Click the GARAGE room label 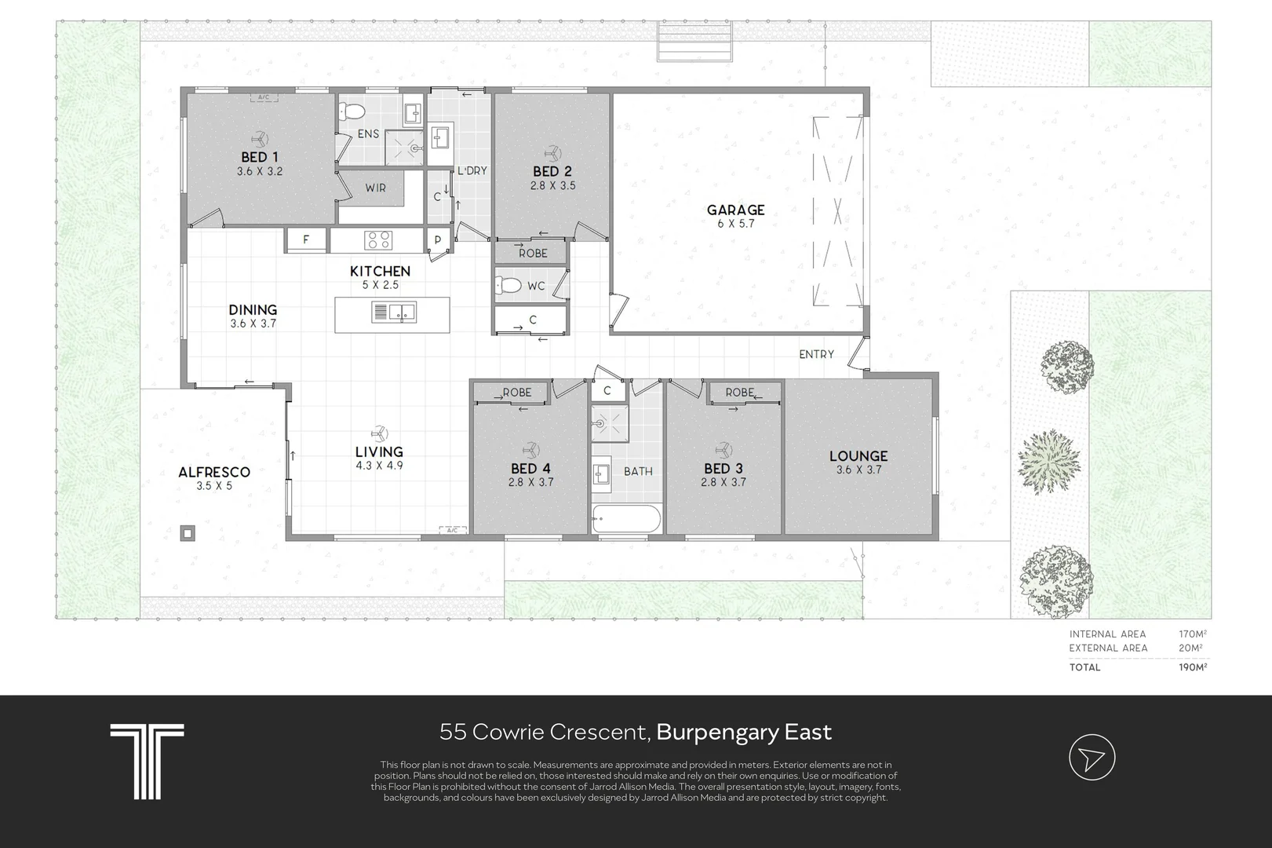point(735,210)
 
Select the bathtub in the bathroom point(626,518)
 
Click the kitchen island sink point(393,312)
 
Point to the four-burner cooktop point(378,239)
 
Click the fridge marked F point(305,239)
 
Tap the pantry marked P point(438,239)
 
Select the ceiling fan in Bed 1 point(260,139)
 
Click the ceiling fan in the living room point(379,433)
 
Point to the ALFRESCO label point(214,472)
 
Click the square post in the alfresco point(188,533)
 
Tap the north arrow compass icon point(1092,757)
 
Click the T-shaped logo point(147,762)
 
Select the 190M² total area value point(1193,667)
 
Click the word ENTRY point(817,354)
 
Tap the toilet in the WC point(508,284)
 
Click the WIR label point(375,188)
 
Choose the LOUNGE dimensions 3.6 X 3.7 point(858,470)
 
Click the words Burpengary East point(744,732)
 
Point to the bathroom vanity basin point(601,473)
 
